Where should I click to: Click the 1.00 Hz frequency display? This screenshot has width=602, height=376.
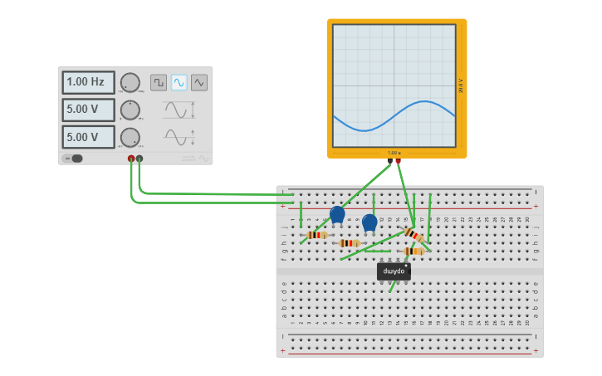[x=88, y=83]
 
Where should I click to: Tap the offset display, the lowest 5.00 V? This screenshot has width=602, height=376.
[x=88, y=137]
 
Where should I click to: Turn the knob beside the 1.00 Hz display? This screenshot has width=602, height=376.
[x=130, y=83]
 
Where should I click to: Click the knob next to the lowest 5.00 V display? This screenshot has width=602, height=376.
[x=130, y=137]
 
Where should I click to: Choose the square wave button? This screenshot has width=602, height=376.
[x=159, y=82]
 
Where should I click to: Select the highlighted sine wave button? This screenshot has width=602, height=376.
[x=179, y=82]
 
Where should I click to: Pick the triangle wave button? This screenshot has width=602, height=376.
[x=199, y=82]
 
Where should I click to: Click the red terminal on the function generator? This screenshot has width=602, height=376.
[x=131, y=158]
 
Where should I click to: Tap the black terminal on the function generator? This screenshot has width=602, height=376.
[x=139, y=158]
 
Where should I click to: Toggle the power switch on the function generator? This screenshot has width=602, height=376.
[x=75, y=159]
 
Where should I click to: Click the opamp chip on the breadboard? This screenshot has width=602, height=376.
[x=394, y=271]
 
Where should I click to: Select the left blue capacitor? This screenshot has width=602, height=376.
[x=337, y=214]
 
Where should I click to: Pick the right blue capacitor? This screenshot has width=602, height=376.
[x=370, y=222]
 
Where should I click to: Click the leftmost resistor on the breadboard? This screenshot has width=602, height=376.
[x=316, y=235]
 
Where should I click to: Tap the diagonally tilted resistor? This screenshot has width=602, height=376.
[x=414, y=236]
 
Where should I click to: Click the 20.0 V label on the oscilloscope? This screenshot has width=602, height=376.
[x=461, y=85]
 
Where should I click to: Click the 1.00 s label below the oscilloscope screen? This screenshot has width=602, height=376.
[x=394, y=153]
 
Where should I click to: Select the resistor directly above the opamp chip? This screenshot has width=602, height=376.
[x=413, y=251]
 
